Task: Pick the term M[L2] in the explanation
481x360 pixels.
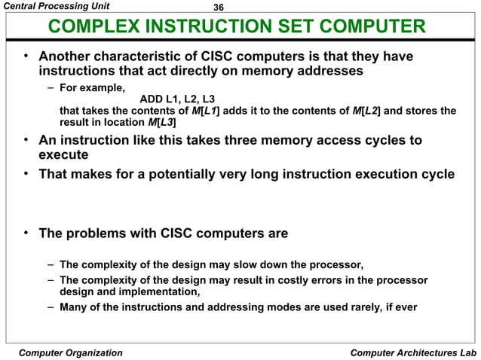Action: pyautogui.click(x=366, y=111)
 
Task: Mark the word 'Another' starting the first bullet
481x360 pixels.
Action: pyautogui.click(x=69, y=56)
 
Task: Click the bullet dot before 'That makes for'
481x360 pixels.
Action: pyautogui.click(x=26, y=174)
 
